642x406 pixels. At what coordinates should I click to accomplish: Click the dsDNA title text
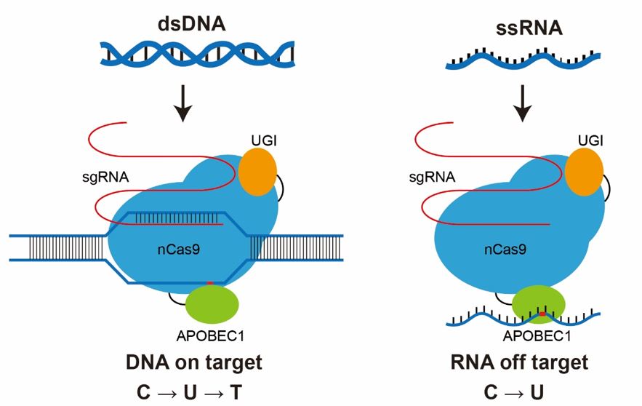tap(192, 23)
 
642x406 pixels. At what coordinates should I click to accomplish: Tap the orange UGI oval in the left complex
tap(257, 172)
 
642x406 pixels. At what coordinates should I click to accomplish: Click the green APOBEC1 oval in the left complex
tap(213, 304)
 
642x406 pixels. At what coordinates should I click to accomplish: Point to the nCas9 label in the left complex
tap(178, 249)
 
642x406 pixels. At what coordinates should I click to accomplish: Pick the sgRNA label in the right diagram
tap(433, 176)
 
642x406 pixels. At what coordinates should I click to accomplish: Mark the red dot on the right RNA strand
tap(542, 314)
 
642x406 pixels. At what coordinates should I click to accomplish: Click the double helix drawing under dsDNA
tap(197, 52)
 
